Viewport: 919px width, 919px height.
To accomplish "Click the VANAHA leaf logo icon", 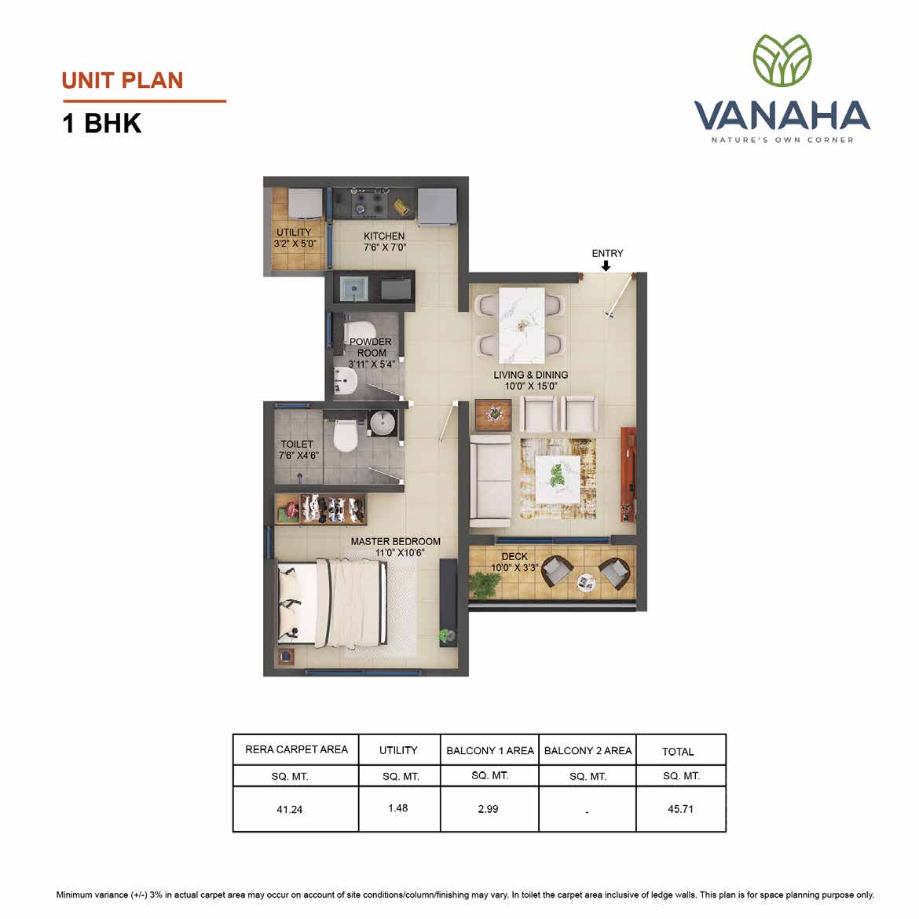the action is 782,60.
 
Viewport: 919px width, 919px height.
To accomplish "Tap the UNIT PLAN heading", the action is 123,81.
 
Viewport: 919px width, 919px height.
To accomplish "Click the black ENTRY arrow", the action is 606,265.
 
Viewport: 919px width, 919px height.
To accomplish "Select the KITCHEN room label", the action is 384,236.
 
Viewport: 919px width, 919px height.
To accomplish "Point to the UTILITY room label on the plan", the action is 294,232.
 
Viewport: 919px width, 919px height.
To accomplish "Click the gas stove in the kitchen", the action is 368,203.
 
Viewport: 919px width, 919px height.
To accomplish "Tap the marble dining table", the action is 521,324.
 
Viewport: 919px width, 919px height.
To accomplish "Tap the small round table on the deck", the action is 585,581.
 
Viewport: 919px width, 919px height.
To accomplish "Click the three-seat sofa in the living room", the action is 491,479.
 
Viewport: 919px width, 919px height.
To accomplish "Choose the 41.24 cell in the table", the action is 290,809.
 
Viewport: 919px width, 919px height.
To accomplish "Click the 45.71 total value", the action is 680,809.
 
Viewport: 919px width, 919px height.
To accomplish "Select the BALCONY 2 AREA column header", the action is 588,751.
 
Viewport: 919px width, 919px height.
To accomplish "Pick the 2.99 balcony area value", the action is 489,809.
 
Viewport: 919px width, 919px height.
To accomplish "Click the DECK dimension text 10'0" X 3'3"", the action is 514,568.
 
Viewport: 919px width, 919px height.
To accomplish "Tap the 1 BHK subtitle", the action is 102,123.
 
